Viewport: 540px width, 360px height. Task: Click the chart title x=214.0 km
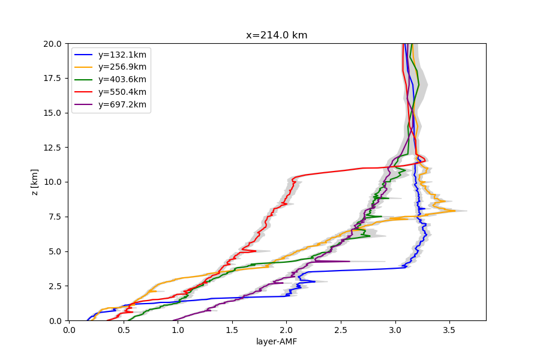(x=277, y=35)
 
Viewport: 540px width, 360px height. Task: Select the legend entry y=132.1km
(x=122, y=55)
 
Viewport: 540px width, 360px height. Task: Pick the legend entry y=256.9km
(x=122, y=67)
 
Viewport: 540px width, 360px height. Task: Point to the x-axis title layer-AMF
(x=277, y=342)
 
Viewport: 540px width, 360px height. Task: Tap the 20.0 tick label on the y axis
(x=52, y=44)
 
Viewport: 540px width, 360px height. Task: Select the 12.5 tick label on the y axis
(x=52, y=148)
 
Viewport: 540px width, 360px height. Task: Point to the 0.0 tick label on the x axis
(x=70, y=330)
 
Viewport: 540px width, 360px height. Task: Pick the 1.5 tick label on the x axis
(x=232, y=330)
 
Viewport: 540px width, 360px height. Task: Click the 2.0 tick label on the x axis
(x=287, y=330)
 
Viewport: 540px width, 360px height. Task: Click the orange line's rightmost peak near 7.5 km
(x=455, y=211)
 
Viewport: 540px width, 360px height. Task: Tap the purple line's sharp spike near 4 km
(x=349, y=261)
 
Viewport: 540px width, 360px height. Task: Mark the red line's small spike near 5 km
(x=256, y=251)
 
